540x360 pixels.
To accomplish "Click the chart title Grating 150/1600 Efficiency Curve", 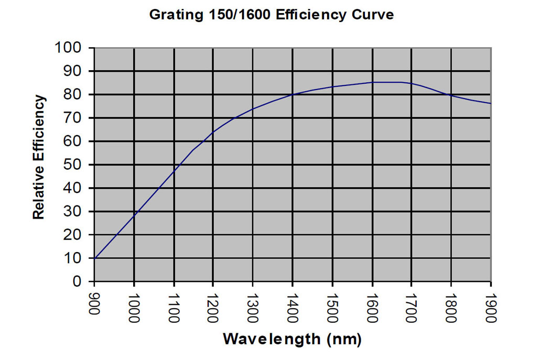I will pyautogui.click(x=271, y=15).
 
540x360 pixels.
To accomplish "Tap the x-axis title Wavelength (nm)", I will pyautogui.click(x=292, y=339).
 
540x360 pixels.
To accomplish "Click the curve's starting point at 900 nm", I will pyautogui.click(x=94, y=258).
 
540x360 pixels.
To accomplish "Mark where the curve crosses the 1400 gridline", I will pyautogui.click(x=293, y=94).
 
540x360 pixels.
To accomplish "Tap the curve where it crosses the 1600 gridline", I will pyautogui.click(x=372, y=82).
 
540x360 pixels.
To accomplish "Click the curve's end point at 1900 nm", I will pyautogui.click(x=491, y=103).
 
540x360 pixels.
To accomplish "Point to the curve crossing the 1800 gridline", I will pyautogui.click(x=451, y=95).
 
